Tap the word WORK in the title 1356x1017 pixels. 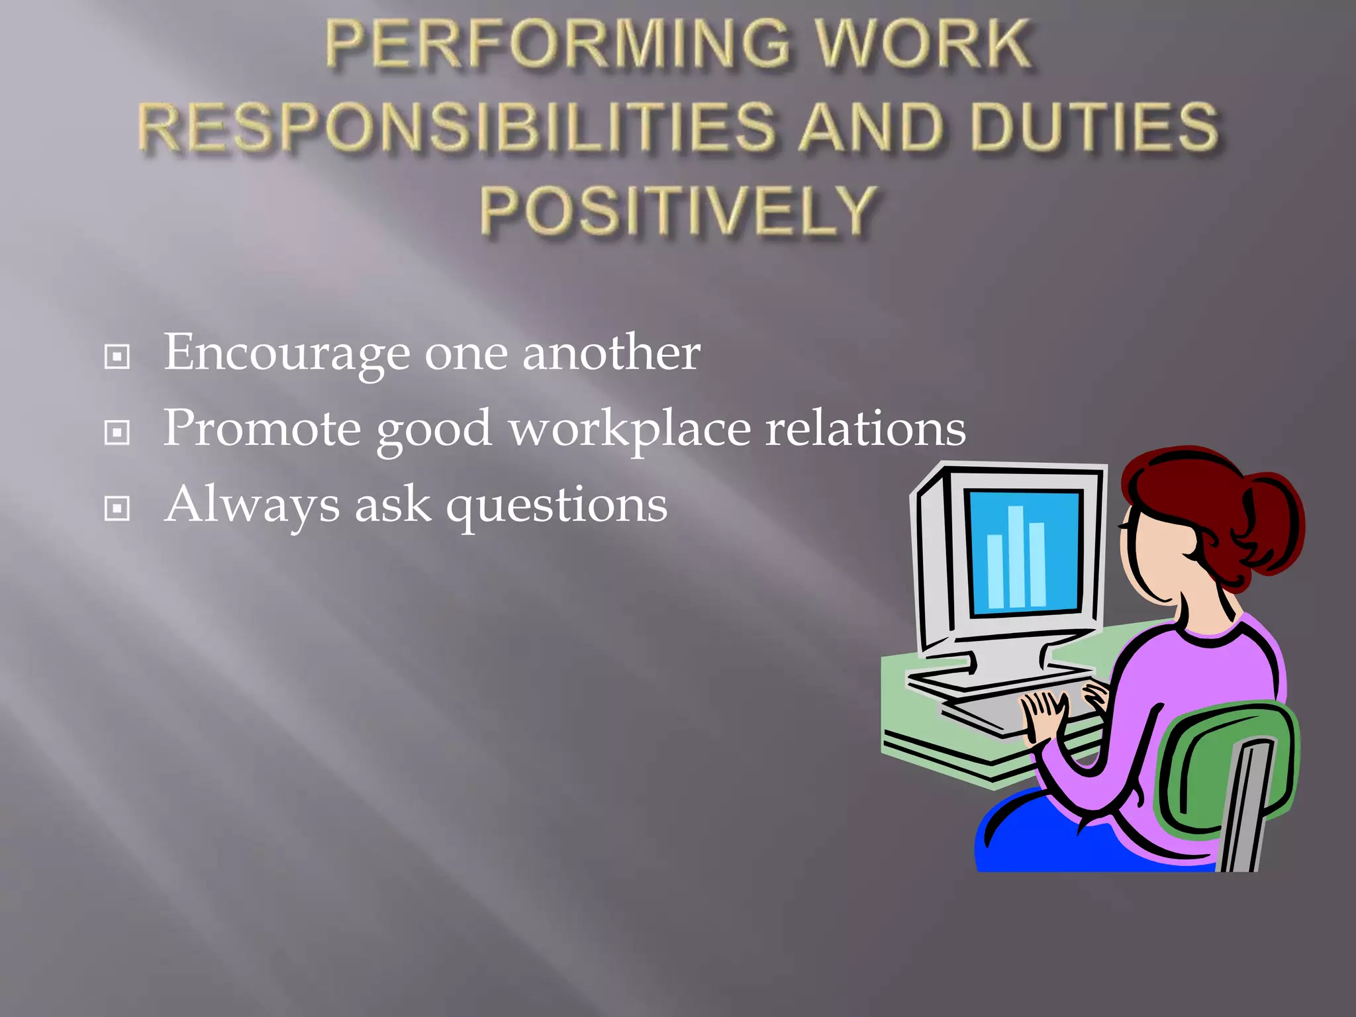pos(923,45)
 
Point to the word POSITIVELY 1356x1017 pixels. pos(679,211)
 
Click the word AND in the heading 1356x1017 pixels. pos(871,127)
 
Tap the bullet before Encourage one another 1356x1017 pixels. pos(117,357)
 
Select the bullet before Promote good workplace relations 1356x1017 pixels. pos(117,433)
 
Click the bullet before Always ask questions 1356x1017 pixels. pos(117,509)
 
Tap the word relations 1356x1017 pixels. pos(865,429)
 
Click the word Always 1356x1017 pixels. pos(252,505)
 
